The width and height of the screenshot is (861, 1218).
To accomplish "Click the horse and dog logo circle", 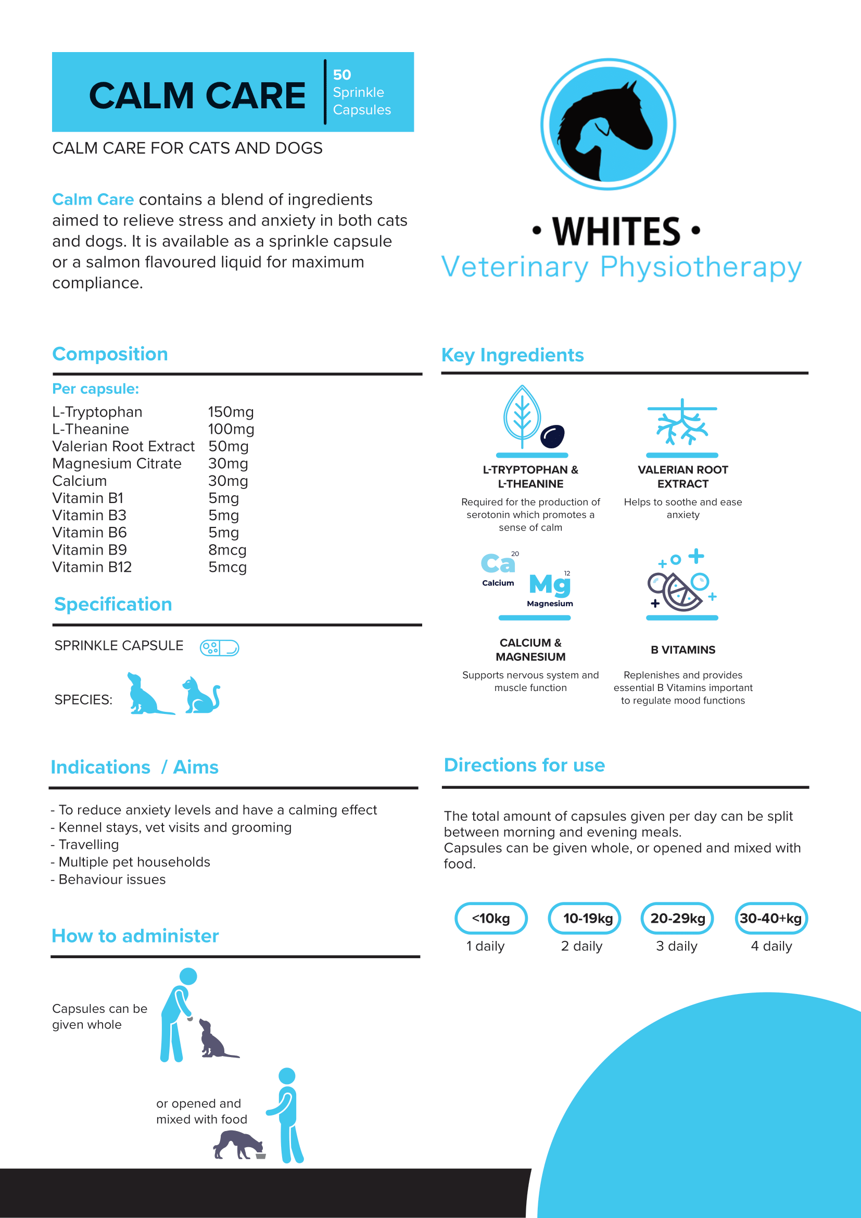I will click(607, 124).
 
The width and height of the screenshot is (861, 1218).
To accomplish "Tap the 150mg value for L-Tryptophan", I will click(231, 412).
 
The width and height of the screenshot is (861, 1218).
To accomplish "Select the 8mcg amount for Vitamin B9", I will click(227, 550).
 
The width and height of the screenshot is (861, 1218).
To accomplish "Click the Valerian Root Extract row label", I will click(123, 447).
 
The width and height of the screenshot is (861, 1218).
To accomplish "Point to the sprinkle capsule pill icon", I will click(219, 648).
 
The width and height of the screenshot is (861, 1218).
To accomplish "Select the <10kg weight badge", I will click(490, 918).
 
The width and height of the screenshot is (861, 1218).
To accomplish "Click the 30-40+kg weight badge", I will click(770, 918).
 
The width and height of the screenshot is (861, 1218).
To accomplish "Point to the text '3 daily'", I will click(677, 946).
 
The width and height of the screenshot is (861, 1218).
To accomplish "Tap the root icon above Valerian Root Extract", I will click(682, 423).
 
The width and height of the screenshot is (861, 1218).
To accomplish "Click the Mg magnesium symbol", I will click(550, 585).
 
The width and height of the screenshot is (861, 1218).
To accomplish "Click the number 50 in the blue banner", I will click(342, 75).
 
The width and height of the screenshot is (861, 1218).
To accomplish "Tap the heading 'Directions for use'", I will click(524, 765).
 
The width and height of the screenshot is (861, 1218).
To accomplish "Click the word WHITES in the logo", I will click(616, 232).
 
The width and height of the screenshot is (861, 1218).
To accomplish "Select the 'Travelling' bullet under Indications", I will click(88, 845).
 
